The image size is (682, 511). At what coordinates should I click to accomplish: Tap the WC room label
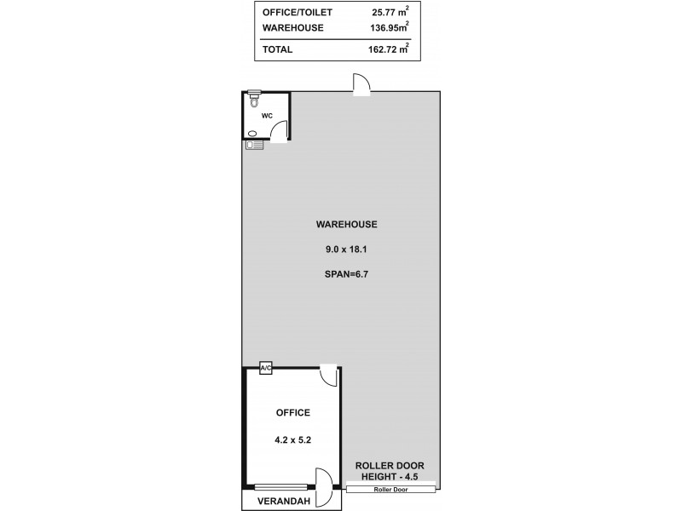click(x=267, y=115)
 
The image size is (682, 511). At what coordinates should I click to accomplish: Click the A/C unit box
click(x=265, y=368)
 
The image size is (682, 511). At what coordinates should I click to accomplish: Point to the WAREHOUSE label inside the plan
click(x=346, y=225)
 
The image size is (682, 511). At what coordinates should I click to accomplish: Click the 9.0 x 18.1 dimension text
click(x=346, y=250)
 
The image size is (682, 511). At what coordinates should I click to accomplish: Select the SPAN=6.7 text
click(x=346, y=276)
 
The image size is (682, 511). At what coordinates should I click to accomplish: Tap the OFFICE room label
click(x=292, y=413)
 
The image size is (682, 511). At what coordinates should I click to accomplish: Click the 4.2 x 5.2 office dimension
click(x=292, y=440)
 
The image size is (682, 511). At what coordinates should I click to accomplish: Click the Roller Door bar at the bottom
click(x=392, y=488)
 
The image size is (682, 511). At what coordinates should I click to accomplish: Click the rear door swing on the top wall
click(x=361, y=84)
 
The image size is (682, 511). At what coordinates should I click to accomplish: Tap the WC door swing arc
click(x=279, y=129)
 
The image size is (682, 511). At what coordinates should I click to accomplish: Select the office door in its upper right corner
click(x=328, y=376)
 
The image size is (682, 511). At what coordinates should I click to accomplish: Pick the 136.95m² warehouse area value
click(x=390, y=28)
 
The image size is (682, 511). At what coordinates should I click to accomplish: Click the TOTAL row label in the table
click(x=278, y=49)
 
